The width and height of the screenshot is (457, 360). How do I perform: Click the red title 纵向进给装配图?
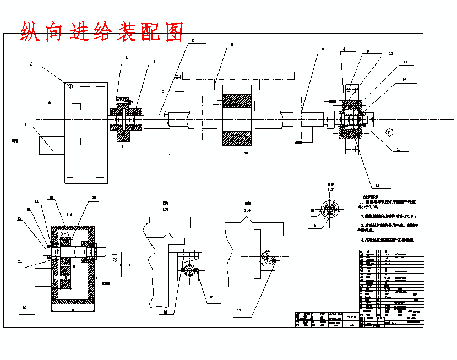(101, 32)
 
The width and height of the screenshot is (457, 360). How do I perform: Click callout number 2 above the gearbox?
(31, 64)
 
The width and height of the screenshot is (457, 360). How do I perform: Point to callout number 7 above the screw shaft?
(323, 50)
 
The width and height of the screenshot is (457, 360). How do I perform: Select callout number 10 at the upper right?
(391, 53)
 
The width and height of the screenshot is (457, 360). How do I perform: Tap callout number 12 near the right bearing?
(405, 80)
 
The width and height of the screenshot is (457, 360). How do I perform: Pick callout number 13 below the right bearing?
(398, 149)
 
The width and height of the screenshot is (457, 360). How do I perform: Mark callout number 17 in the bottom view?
(239, 310)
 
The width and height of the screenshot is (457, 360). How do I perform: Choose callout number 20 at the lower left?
(24, 308)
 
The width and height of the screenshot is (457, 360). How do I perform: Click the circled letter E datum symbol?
(389, 132)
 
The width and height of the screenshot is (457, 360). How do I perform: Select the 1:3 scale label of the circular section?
(330, 189)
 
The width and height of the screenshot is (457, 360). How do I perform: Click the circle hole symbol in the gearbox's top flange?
(70, 86)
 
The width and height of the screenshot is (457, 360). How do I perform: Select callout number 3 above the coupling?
(126, 57)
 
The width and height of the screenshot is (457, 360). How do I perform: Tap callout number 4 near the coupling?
(155, 62)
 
